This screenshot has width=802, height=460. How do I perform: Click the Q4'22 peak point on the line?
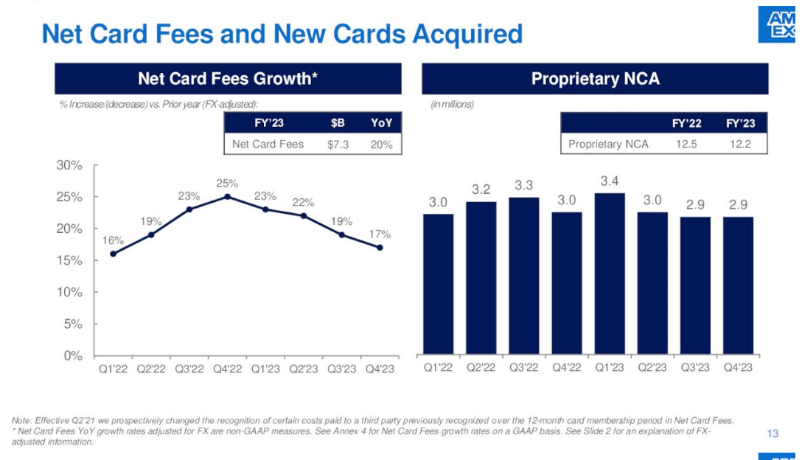point(227,196)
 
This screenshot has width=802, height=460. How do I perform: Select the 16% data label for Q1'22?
point(113,240)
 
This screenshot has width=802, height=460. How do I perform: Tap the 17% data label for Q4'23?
point(380,234)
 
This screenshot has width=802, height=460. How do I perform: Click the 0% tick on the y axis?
point(72,355)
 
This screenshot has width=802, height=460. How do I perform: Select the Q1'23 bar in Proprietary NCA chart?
point(610,273)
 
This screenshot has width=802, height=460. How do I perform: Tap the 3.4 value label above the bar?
point(610,180)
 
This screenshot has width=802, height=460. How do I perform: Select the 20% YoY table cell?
point(381,144)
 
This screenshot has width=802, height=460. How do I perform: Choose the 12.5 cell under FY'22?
point(687,144)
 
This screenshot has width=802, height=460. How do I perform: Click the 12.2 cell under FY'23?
point(740,144)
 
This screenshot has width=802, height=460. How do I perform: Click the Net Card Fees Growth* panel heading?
point(228,78)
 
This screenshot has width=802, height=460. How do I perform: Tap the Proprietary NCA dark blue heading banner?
point(595,78)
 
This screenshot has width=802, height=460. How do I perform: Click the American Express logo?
point(779,24)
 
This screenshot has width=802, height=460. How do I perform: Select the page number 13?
point(773,433)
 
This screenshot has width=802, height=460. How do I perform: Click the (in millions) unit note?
point(452,104)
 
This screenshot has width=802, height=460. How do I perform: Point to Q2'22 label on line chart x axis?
point(151,369)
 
